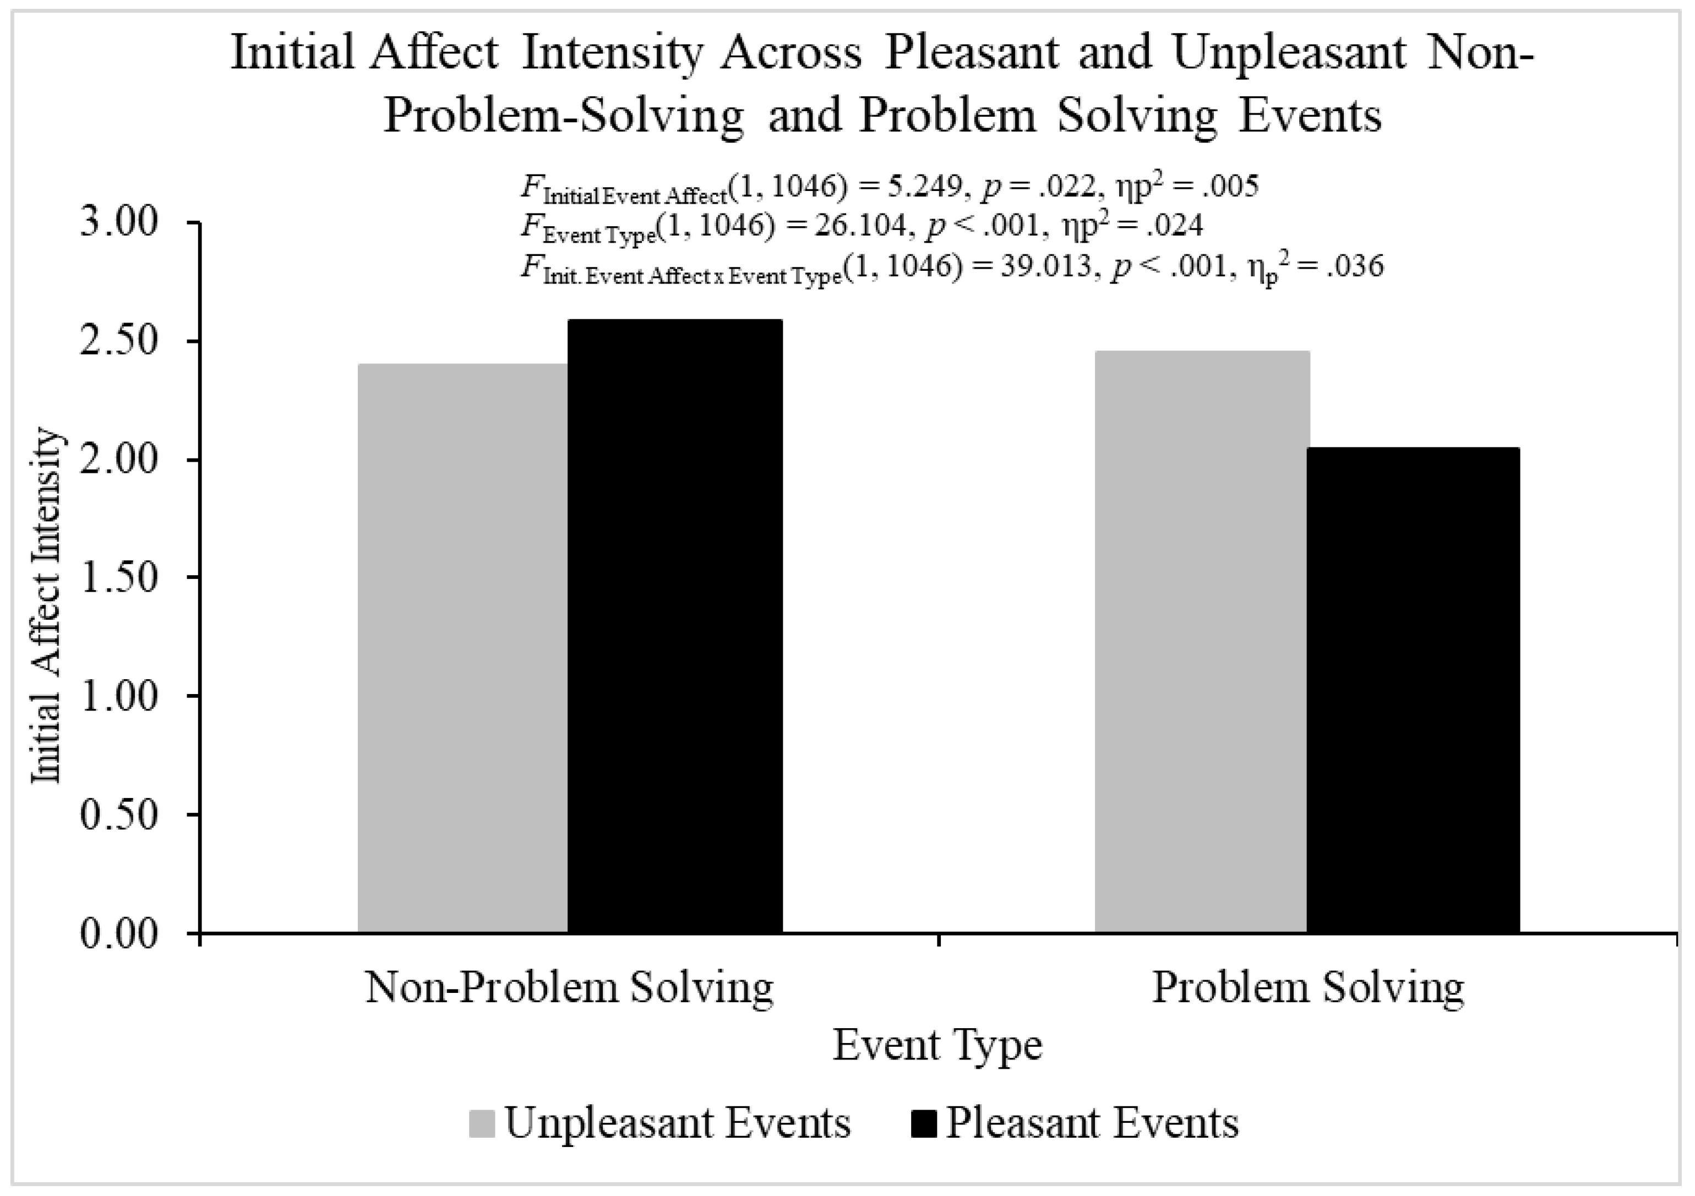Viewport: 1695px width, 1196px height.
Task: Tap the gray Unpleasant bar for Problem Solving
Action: click(x=1201, y=642)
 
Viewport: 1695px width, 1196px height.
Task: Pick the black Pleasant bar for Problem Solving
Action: click(x=1413, y=690)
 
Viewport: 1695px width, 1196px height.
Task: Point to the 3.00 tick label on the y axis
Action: click(x=119, y=222)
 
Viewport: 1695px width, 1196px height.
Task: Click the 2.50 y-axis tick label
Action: click(x=119, y=341)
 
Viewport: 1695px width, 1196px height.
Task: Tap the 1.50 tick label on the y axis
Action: click(x=119, y=577)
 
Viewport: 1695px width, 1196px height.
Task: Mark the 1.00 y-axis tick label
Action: click(x=119, y=696)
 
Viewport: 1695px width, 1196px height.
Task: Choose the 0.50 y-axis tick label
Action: click(x=119, y=815)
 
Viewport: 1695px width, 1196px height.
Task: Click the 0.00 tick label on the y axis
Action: click(x=119, y=933)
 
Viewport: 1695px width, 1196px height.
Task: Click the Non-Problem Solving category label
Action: click(x=569, y=988)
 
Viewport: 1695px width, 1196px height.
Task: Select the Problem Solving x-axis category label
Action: click(x=1307, y=988)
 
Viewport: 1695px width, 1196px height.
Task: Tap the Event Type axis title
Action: click(x=938, y=1045)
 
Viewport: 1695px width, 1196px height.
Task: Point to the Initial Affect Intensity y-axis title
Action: click(x=46, y=605)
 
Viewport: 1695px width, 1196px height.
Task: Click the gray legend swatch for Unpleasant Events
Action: click(x=481, y=1124)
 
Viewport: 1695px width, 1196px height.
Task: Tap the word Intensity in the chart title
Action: click(x=612, y=54)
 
